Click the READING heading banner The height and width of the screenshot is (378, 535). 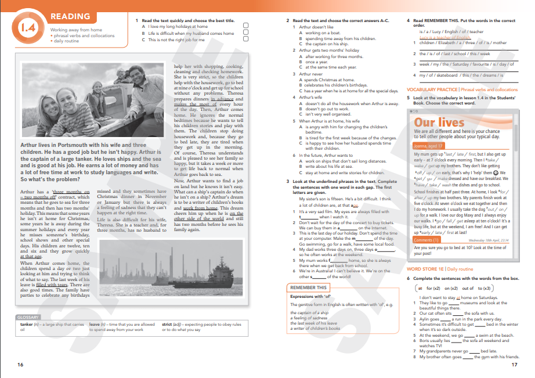pos(70,17)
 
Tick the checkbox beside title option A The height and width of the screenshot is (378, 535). pos(246,26)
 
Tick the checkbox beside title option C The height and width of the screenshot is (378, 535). pos(246,40)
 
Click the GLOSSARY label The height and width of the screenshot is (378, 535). pos(28,318)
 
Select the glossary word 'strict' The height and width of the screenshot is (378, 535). pos(168,325)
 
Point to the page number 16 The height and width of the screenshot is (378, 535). pos(20,365)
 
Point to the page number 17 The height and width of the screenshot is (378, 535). pos(514,365)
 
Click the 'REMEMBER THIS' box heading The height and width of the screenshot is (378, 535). pos(309,288)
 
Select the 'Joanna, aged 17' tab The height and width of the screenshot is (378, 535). pos(428,146)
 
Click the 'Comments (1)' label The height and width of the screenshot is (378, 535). pos(426,240)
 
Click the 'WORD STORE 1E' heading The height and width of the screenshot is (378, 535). pos(425,269)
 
